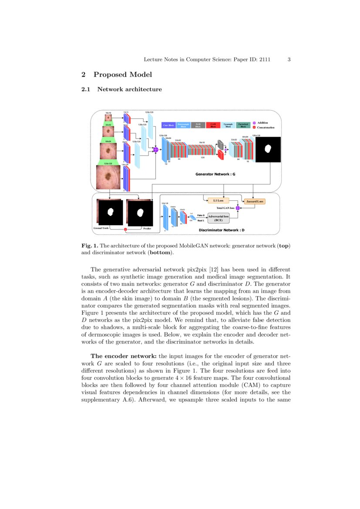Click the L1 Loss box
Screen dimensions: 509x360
[x=218, y=201]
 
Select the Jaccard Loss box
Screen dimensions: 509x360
[x=255, y=202]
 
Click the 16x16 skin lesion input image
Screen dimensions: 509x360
[x=108, y=118]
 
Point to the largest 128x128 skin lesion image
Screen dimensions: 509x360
[x=108, y=177]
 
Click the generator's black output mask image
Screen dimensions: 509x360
[x=268, y=149]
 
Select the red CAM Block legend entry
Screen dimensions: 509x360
[x=213, y=125]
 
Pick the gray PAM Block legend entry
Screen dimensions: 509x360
[x=198, y=125]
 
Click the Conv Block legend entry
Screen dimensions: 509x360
[x=168, y=125]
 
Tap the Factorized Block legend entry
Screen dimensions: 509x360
[x=243, y=125]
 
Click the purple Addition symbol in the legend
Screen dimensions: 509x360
[x=254, y=123]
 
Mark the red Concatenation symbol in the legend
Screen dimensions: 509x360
[x=254, y=128]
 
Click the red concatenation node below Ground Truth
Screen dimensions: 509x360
[x=125, y=229]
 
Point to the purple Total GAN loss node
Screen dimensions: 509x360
[x=238, y=208]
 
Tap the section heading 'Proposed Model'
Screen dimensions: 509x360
[x=122, y=74]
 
